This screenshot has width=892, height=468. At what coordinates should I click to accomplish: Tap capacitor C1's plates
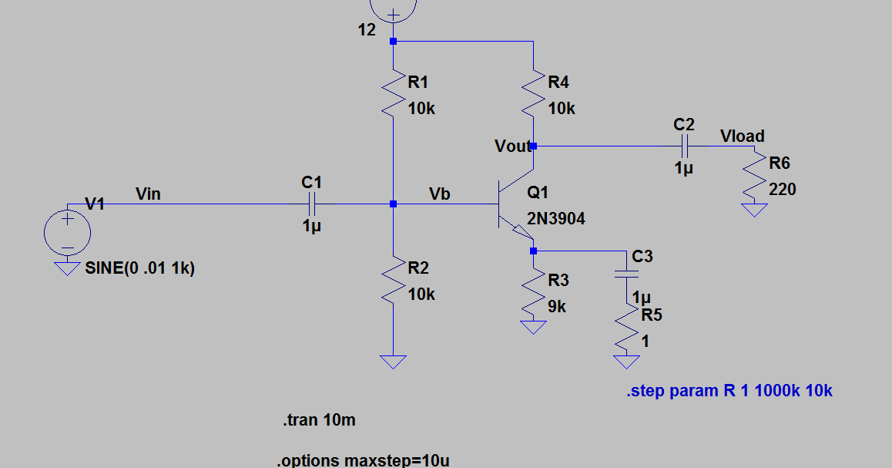(x=312, y=204)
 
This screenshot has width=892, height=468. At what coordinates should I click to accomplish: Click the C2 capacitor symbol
(x=683, y=145)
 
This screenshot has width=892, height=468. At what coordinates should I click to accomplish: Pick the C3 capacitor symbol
(x=628, y=273)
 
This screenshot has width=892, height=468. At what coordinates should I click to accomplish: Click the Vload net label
(x=742, y=136)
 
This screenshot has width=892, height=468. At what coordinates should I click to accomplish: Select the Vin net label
(x=148, y=194)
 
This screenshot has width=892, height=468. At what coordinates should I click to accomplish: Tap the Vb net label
(x=439, y=194)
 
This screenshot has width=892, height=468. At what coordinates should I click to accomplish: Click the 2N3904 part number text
(x=555, y=219)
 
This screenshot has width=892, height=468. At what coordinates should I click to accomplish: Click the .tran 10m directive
(x=318, y=421)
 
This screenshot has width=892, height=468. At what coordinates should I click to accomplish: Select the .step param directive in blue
(x=729, y=391)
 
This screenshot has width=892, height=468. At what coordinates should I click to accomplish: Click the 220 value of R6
(x=782, y=189)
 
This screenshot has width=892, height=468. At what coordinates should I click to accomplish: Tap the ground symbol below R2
(x=394, y=361)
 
